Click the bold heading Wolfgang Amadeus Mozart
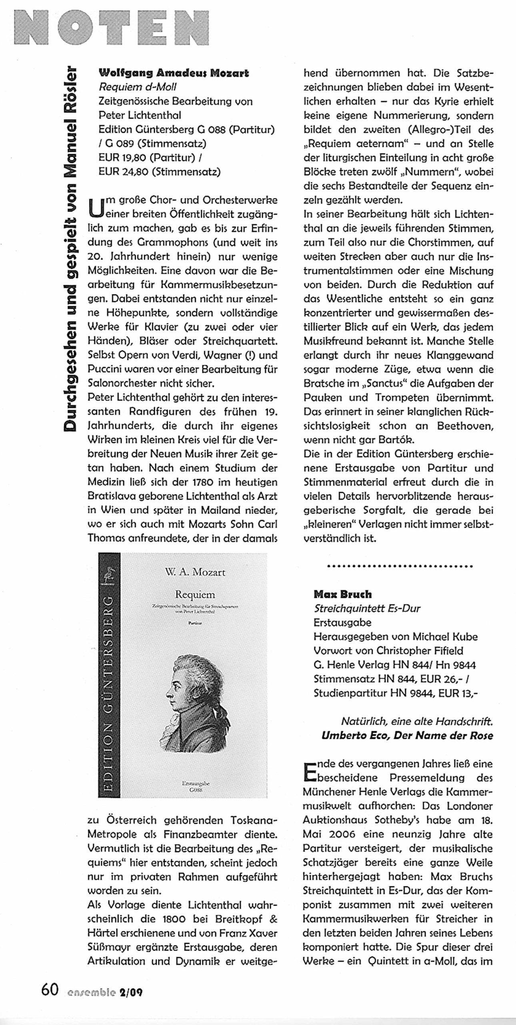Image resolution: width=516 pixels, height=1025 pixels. (x=174, y=73)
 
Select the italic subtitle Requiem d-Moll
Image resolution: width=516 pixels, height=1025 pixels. (x=138, y=87)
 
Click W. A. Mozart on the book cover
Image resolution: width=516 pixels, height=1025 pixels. (x=195, y=572)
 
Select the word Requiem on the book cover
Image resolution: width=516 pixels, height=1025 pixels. (x=195, y=595)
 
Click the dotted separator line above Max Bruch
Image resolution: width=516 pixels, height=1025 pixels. (x=400, y=566)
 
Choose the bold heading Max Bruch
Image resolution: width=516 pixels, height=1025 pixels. (x=343, y=594)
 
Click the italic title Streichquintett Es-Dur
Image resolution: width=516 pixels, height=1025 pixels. (x=367, y=609)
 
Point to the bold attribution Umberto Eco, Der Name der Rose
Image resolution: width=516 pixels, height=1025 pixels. (x=407, y=736)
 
